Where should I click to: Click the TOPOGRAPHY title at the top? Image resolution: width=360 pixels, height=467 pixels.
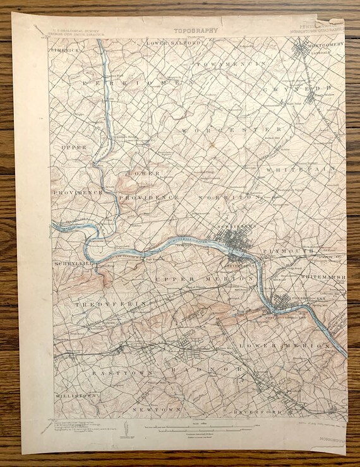[x=196, y=29]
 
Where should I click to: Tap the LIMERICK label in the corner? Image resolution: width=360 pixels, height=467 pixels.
[x=64, y=48]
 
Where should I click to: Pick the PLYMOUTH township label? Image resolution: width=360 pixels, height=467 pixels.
[x=293, y=251]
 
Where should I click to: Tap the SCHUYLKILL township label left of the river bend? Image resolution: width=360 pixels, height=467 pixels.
[x=71, y=263]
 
